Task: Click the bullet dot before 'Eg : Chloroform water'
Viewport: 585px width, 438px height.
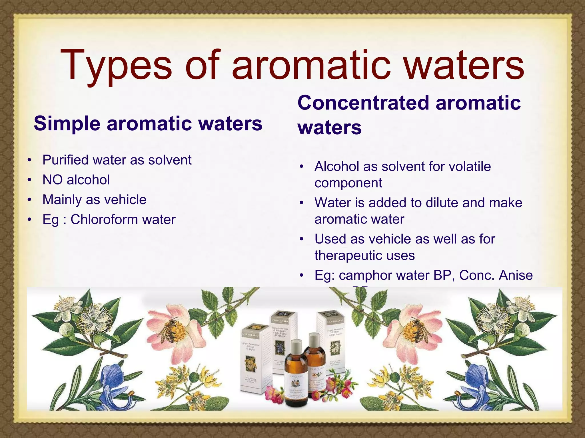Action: tap(29, 220)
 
